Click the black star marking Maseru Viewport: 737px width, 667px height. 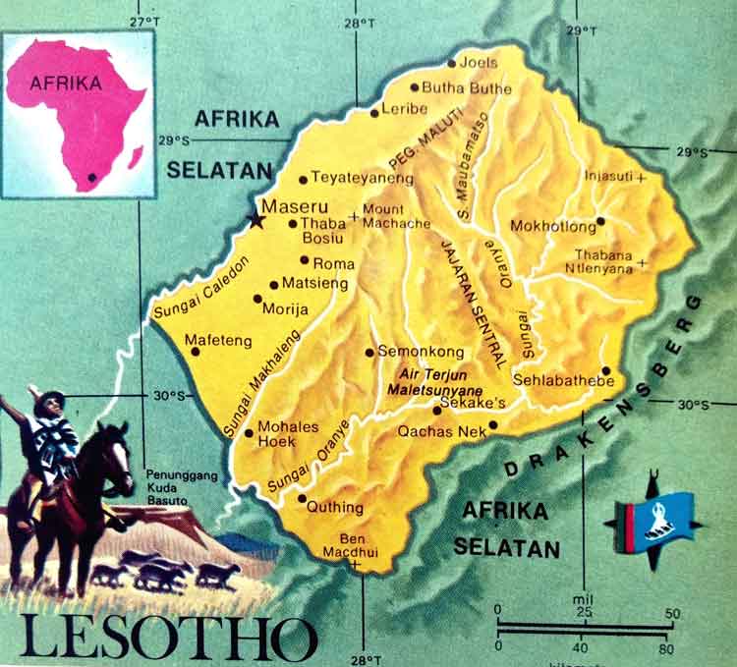pyautogui.click(x=256, y=220)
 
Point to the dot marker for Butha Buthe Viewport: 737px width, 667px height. pyautogui.click(x=414, y=87)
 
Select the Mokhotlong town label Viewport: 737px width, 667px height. pyautogui.click(x=553, y=227)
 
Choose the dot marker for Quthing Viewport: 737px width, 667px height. pyautogui.click(x=302, y=499)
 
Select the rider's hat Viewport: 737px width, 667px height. pyautogui.click(x=46, y=398)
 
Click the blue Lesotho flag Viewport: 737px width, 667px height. pyautogui.click(x=661, y=516)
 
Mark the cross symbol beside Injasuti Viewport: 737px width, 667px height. pyautogui.click(x=641, y=178)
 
